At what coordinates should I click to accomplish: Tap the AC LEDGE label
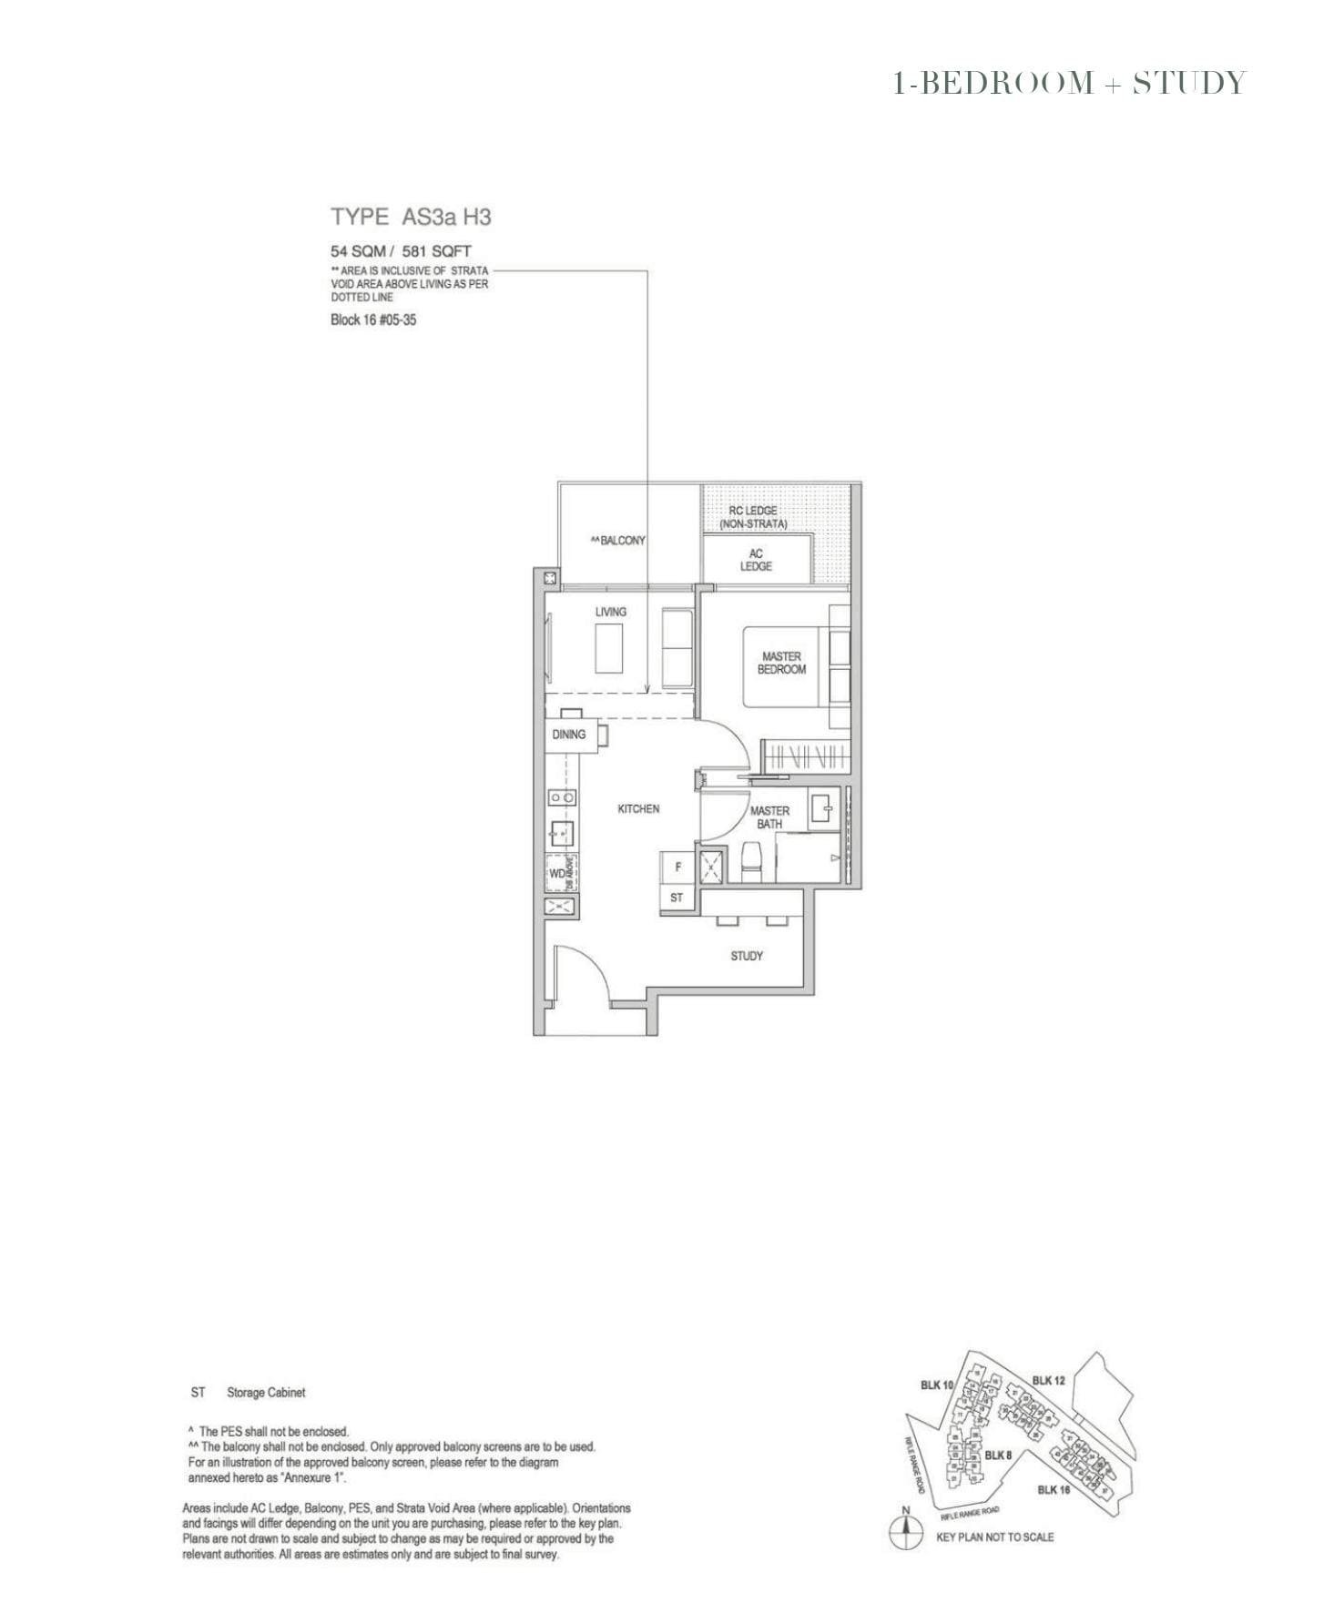click(x=756, y=560)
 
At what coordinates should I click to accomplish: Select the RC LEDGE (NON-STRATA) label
click(x=753, y=517)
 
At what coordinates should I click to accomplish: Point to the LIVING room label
click(x=610, y=612)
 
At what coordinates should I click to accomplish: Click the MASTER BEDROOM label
click(x=781, y=663)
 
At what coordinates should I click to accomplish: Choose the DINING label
click(x=569, y=735)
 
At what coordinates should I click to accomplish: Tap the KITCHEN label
click(x=638, y=808)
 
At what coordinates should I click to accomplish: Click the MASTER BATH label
click(x=769, y=817)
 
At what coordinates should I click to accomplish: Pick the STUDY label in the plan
click(x=747, y=956)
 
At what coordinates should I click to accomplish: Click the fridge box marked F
click(x=677, y=867)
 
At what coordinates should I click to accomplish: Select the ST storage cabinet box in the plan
click(x=677, y=898)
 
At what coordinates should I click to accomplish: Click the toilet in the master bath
click(x=751, y=860)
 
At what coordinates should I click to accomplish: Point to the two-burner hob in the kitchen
click(x=561, y=797)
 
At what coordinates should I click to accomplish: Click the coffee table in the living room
click(x=609, y=648)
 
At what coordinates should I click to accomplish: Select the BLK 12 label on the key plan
click(x=1048, y=1380)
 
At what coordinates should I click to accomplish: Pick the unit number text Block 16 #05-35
click(x=373, y=320)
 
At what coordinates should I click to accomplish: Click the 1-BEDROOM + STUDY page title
click(x=1069, y=83)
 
